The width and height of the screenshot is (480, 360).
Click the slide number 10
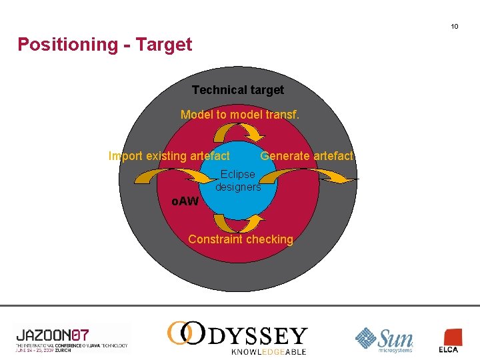(454, 27)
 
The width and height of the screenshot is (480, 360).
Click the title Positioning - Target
(105, 45)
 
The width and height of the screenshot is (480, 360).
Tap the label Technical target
(238, 90)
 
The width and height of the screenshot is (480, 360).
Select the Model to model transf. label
(240, 115)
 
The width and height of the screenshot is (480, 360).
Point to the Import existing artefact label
(169, 156)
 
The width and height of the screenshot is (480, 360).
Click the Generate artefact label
(307, 156)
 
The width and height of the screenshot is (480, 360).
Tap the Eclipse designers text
(238, 181)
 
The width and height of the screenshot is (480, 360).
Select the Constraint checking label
(241, 239)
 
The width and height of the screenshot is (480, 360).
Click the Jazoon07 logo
(71, 337)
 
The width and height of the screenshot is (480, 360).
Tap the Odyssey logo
(237, 333)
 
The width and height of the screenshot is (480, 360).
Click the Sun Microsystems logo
(384, 339)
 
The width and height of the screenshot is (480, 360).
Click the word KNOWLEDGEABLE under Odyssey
(269, 351)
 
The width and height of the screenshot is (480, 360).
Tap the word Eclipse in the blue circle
(238, 174)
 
